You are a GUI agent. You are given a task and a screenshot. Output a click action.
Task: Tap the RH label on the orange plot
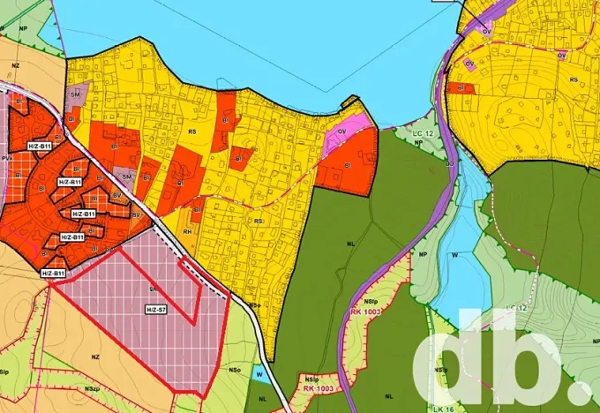tap(188, 231)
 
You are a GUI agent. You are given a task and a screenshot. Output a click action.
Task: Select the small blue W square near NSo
tap(258, 373)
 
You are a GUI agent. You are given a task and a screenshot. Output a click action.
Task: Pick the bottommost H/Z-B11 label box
tap(53, 274)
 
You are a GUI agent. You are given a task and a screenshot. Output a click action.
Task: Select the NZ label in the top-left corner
tap(15, 64)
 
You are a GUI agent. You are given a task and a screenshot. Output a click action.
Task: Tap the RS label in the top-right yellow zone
tap(574, 79)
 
